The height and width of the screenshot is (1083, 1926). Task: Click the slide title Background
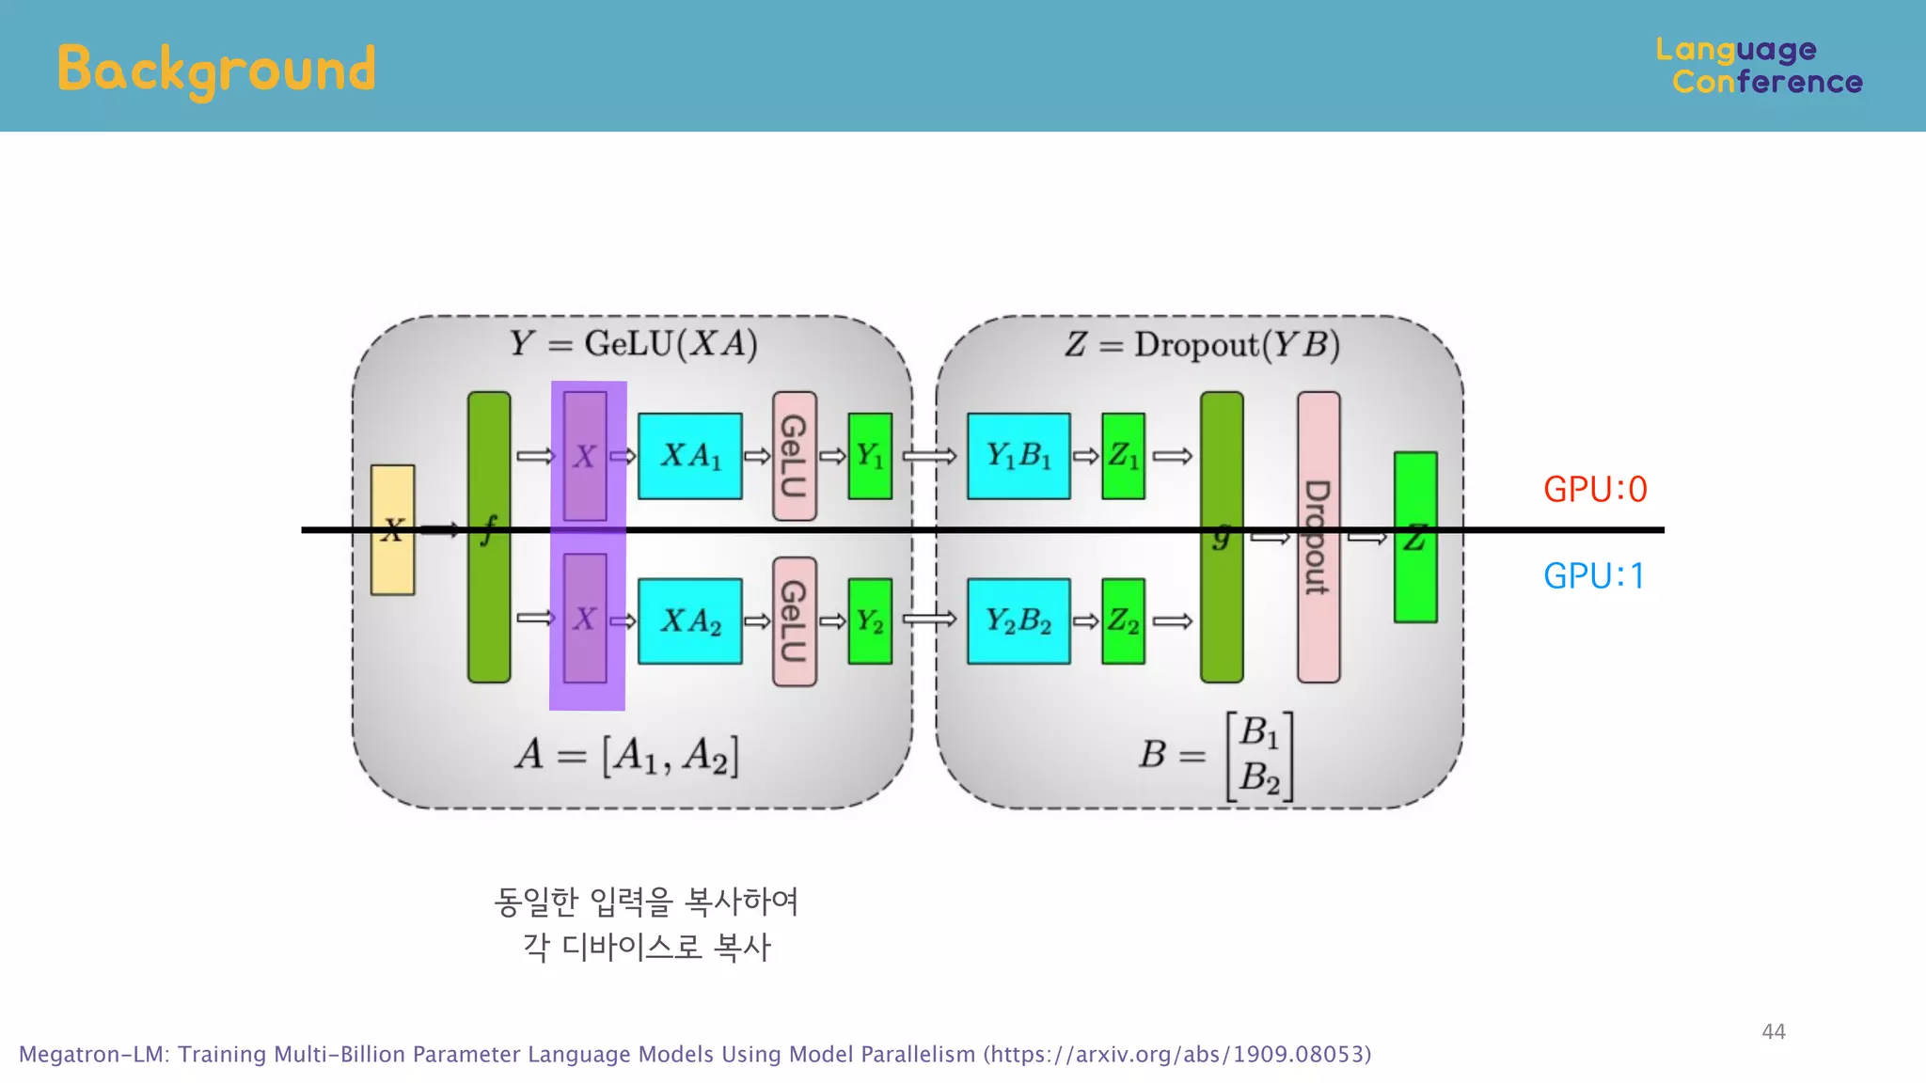[x=216, y=70]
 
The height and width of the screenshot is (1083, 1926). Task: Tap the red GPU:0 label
[x=1595, y=490]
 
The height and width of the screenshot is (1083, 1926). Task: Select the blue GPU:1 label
[x=1594, y=576]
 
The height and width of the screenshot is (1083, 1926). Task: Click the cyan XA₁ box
[x=689, y=456]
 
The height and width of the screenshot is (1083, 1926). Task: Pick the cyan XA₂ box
[x=689, y=621]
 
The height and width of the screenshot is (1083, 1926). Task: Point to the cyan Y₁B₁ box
[x=1018, y=456]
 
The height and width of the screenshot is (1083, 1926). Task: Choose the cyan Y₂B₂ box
[x=1018, y=621]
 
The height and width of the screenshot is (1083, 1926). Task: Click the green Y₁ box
[x=870, y=456]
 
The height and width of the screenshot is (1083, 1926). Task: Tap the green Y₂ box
[x=870, y=621]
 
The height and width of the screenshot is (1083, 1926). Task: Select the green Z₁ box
[x=1123, y=456]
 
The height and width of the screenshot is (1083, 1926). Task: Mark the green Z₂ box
[x=1123, y=621]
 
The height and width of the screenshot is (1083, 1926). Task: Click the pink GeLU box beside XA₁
[x=794, y=456]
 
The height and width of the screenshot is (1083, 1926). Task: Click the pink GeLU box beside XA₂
[x=794, y=621]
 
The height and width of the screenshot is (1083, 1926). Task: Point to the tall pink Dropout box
[x=1318, y=537]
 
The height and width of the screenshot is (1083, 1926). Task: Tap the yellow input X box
[x=392, y=529]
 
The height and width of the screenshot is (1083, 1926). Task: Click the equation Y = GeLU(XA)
[x=633, y=344]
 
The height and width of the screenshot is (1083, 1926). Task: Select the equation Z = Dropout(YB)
[x=1202, y=345]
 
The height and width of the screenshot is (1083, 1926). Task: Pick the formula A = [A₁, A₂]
[x=627, y=755]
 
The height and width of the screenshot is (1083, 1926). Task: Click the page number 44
[x=1773, y=1031]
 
